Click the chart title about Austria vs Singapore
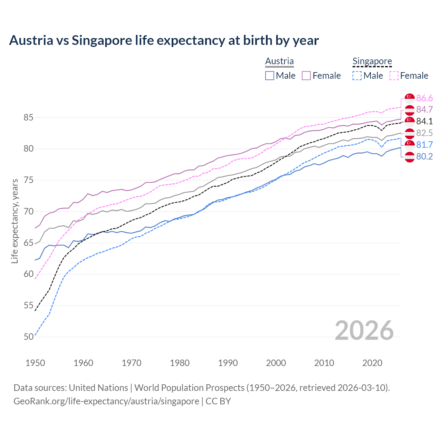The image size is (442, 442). (x=164, y=40)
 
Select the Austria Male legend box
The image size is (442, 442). (x=270, y=76)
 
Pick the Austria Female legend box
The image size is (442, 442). (x=306, y=76)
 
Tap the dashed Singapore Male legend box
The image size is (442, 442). (x=357, y=76)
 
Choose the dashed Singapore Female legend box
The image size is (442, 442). (x=394, y=76)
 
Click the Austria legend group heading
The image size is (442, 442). (x=279, y=61)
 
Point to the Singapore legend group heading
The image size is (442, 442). (x=372, y=61)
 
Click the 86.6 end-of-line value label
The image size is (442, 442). (x=424, y=98)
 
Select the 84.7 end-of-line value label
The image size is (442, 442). (x=424, y=110)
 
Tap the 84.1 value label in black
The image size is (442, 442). (x=424, y=121)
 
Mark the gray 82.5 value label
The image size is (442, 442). (x=424, y=133)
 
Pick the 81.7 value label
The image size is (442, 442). (x=424, y=145)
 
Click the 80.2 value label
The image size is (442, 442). (x=424, y=156)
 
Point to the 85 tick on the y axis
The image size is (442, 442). (x=28, y=118)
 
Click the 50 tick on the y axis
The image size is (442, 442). (x=28, y=337)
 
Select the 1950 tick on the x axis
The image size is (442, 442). (x=35, y=363)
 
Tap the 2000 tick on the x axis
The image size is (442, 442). (x=276, y=363)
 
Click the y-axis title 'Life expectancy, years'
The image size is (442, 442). (x=15, y=221)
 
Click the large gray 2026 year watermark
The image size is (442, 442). (x=364, y=330)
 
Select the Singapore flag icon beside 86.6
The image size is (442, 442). (x=410, y=98)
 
